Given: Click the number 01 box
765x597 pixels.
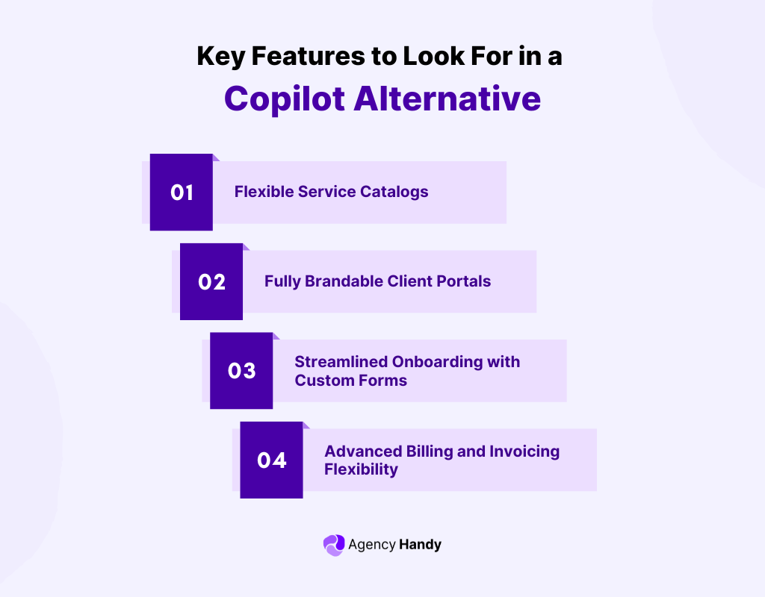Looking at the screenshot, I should [x=182, y=193].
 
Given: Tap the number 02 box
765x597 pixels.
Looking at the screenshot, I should [x=211, y=282].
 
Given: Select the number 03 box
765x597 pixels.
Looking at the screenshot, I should [x=241, y=371].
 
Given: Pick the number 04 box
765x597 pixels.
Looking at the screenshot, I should [x=271, y=460].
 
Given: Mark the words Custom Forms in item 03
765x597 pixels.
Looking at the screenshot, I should [x=350, y=381].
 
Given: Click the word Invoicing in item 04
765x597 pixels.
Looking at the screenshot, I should [x=524, y=451].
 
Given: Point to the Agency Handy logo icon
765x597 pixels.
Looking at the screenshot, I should [x=334, y=545].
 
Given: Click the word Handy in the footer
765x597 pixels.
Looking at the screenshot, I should [x=420, y=545].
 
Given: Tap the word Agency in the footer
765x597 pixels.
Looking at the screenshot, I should [x=371, y=545].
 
